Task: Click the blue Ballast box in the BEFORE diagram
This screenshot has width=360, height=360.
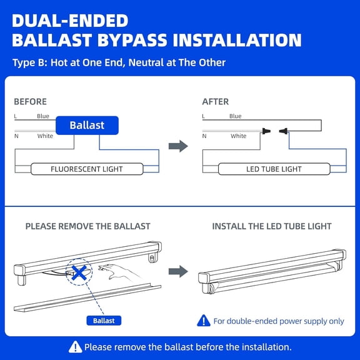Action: click(x=87, y=126)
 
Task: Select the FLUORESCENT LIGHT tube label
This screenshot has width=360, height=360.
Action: click(x=87, y=169)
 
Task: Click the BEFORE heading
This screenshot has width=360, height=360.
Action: click(x=30, y=101)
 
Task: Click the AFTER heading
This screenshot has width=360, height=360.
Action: click(x=216, y=101)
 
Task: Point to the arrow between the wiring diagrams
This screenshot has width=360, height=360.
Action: click(x=179, y=146)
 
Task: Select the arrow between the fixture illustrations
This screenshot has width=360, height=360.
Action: click(x=179, y=271)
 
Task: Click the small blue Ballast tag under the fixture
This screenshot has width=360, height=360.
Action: click(x=104, y=321)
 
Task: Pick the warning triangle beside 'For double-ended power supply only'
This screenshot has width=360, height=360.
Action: click(x=204, y=321)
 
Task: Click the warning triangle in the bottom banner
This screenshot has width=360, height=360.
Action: click(x=76, y=346)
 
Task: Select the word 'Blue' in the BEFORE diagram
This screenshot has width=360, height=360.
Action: click(x=43, y=116)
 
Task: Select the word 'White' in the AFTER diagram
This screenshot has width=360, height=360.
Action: click(x=238, y=136)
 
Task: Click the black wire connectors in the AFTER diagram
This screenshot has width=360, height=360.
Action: click(x=274, y=131)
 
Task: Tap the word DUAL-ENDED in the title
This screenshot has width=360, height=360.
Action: click(x=70, y=21)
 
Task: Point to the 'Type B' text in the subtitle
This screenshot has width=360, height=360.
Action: click(x=28, y=62)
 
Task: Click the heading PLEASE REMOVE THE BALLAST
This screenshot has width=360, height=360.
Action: click(x=87, y=226)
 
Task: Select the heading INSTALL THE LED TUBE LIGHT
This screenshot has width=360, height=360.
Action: click(x=272, y=226)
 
